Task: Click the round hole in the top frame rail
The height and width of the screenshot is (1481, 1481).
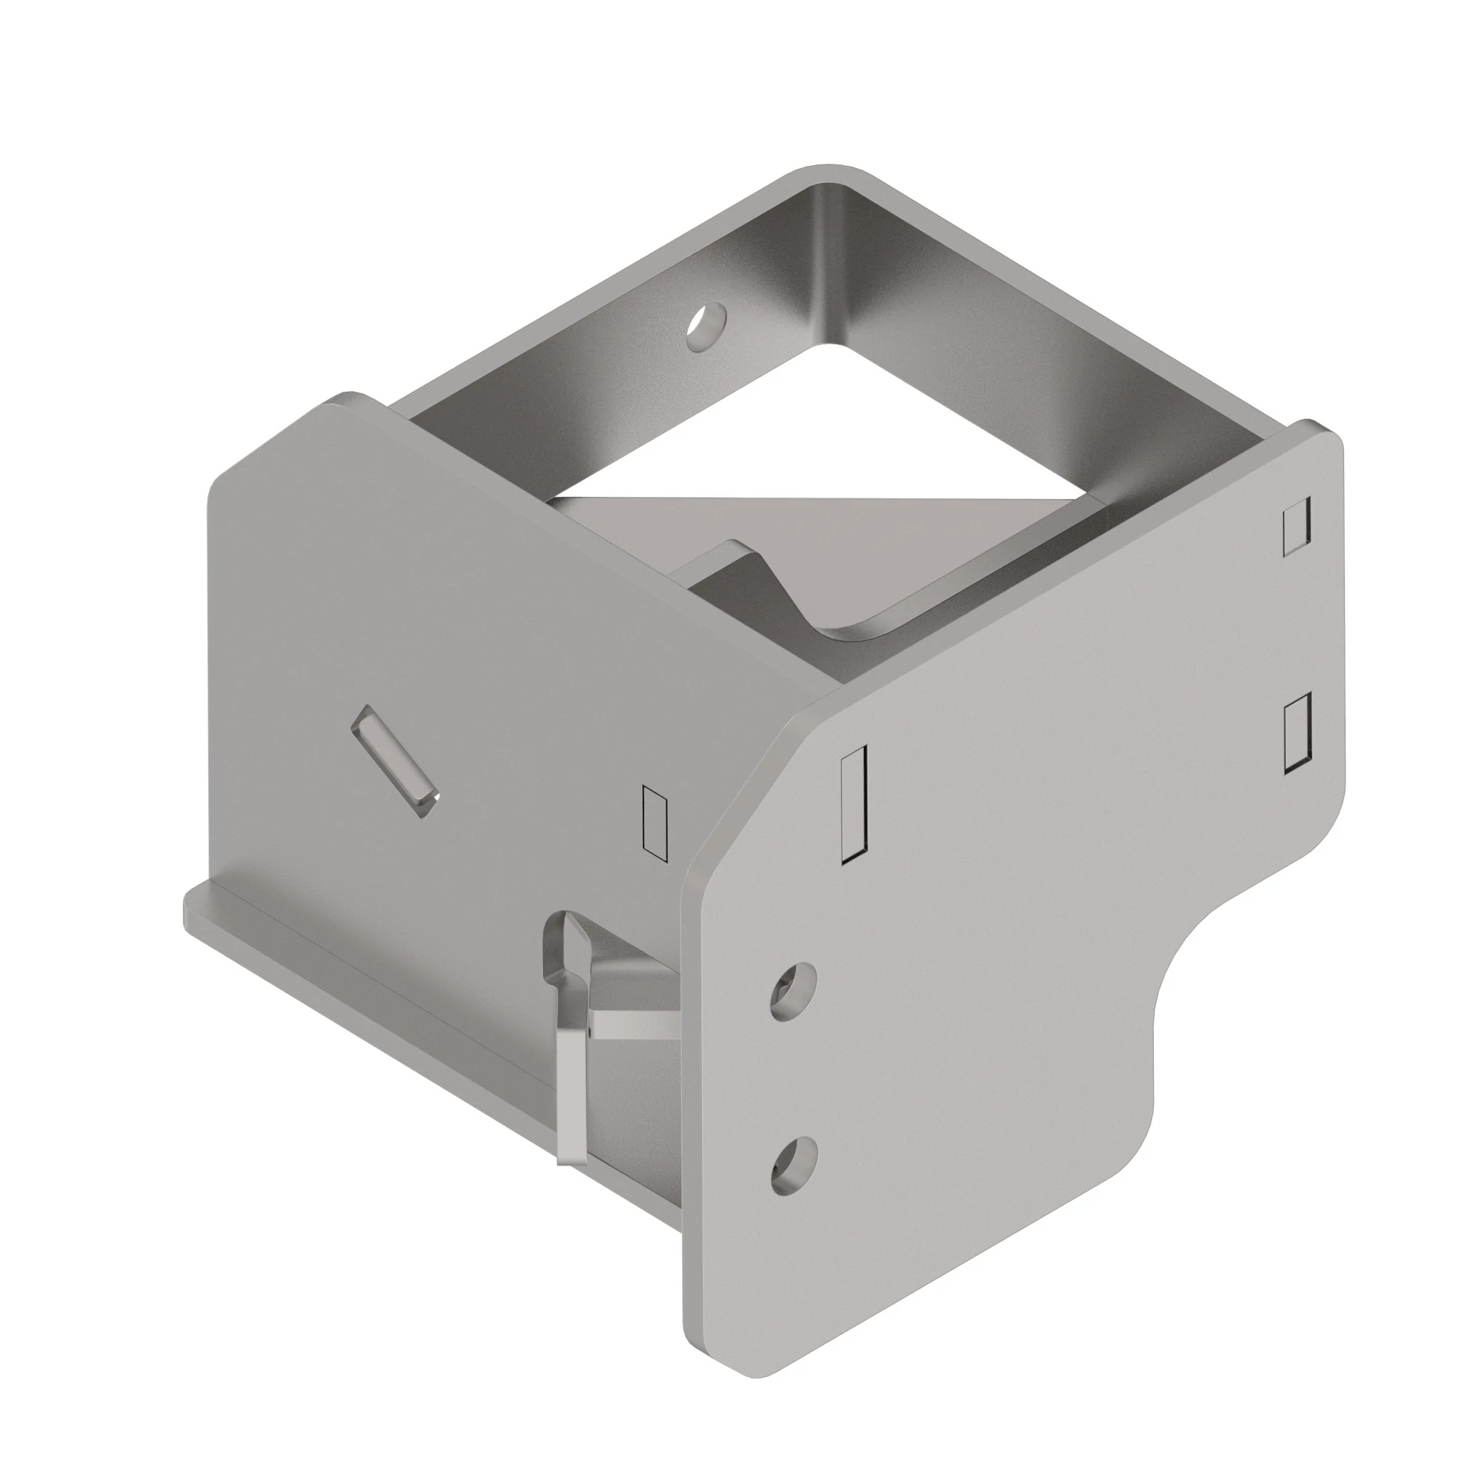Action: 706,326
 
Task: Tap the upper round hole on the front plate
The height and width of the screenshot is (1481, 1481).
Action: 792,992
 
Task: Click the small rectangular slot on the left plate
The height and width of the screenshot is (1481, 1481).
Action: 654,820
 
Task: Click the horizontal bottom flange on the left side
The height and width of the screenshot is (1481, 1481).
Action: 368,989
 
